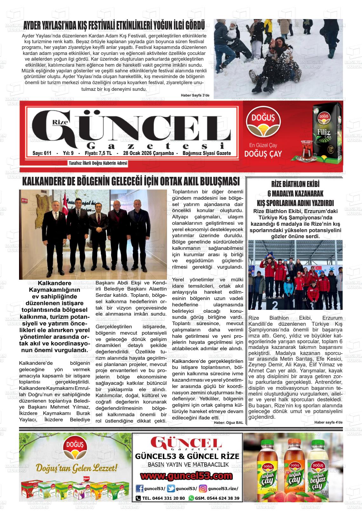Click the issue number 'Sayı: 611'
click(42, 153)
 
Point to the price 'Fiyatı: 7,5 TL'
click(98, 153)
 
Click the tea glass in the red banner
click(301, 149)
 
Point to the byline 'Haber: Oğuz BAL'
click(228, 423)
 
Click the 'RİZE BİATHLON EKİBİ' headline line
click(295, 184)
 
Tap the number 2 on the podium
click(275, 305)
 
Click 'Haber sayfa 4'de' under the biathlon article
click(328, 422)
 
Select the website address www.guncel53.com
click(186, 476)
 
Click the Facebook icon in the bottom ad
click(139, 489)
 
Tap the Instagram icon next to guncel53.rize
click(203, 489)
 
